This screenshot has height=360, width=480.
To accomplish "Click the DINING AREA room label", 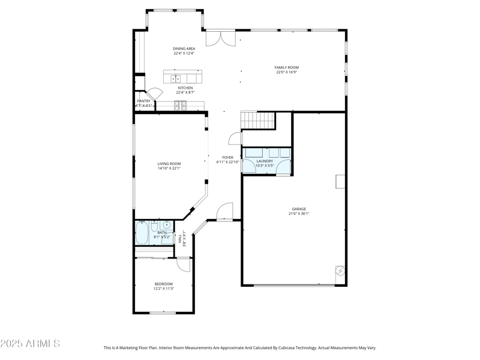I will click(184, 49).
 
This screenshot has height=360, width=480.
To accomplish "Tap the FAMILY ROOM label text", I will click(287, 68).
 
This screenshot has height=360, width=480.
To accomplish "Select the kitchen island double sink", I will click(177, 78).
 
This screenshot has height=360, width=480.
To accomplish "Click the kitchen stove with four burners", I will click(180, 106).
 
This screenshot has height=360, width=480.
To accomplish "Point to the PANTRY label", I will click(143, 101).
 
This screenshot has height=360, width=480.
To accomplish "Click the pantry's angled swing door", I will click(154, 93).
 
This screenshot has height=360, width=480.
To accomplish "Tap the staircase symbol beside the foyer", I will click(257, 120).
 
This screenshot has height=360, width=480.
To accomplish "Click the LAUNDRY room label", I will click(265, 161).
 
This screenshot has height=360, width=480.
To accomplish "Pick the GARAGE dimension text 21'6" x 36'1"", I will click(299, 214).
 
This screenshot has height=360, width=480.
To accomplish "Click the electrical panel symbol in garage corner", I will click(340, 271).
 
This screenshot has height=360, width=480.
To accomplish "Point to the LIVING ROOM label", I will click(169, 164).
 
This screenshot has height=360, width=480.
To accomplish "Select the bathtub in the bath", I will click(142, 233).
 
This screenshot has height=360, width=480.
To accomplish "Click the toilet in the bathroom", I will click(154, 228).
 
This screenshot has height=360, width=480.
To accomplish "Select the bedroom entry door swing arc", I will click(184, 265).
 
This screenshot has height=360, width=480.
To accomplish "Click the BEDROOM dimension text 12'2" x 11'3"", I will click(163, 289).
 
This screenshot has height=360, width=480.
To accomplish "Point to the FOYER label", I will click(227, 157).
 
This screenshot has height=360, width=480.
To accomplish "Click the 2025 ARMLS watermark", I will click(30, 344).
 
